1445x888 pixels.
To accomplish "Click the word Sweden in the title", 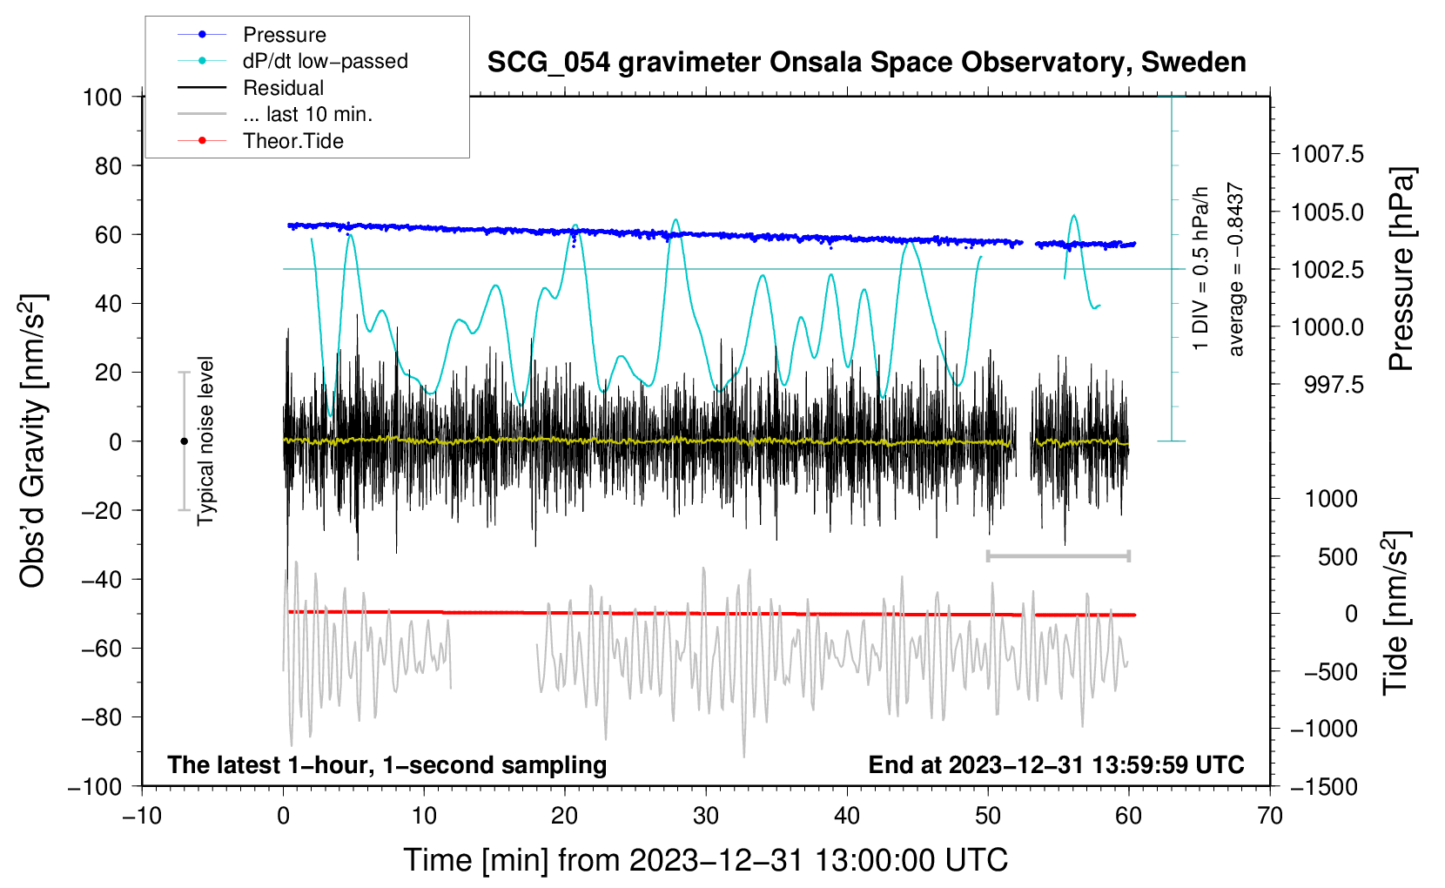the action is (1193, 63).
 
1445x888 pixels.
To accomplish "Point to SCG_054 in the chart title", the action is (548, 63).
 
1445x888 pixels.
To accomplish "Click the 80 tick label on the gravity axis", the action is (108, 166).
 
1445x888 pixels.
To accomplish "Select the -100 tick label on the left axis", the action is (95, 787).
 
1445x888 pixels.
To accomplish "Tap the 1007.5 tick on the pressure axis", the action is (1327, 154).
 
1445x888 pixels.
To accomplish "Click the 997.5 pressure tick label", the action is (1334, 385).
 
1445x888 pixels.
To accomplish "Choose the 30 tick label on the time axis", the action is (706, 817).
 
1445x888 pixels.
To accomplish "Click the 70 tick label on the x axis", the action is (1269, 817).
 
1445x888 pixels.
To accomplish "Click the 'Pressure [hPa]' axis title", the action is (1401, 269).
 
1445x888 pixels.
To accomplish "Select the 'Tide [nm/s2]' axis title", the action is (1396, 613).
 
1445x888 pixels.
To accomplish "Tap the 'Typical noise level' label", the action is (205, 441).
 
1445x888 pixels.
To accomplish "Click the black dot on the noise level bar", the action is (184, 441).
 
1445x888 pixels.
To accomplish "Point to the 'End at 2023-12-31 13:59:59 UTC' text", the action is (1056, 764).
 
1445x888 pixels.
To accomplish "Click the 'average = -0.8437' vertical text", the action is (1235, 269).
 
